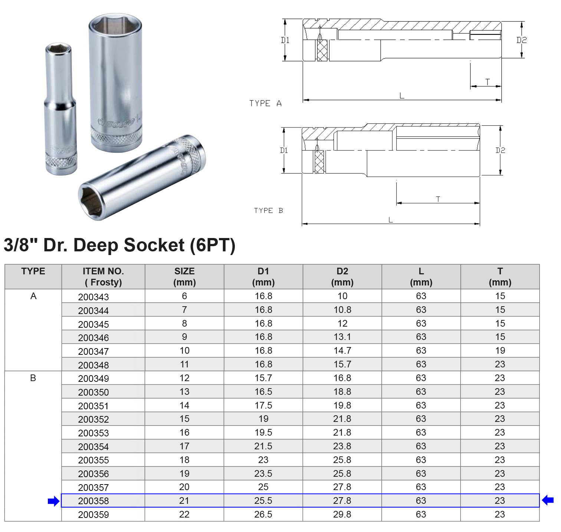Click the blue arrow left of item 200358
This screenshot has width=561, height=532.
tap(54, 501)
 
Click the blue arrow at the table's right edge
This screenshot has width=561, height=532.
tap(548, 500)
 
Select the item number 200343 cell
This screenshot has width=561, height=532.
tap(93, 297)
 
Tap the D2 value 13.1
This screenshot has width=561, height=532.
tap(342, 337)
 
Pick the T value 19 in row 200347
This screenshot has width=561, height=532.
tap(500, 351)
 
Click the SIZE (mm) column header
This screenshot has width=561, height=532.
tap(184, 277)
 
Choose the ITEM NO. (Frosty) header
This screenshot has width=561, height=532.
tap(103, 277)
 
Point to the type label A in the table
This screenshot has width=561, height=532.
tap(33, 296)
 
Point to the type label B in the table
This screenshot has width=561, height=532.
tap(33, 378)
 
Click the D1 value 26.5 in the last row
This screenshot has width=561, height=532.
tap(263, 515)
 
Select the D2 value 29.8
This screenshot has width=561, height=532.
tap(342, 515)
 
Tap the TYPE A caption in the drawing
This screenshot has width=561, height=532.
tap(265, 103)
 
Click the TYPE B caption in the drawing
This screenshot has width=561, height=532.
tap(268, 211)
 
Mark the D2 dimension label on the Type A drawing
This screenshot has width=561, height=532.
tap(521, 40)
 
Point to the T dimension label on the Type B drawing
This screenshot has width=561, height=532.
tap(438, 199)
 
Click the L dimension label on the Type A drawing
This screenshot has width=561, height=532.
tap(402, 96)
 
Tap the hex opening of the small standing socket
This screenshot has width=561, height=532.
tap(58, 48)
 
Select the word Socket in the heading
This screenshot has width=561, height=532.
tap(154, 245)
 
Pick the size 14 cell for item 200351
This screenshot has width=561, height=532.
tap(184, 406)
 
